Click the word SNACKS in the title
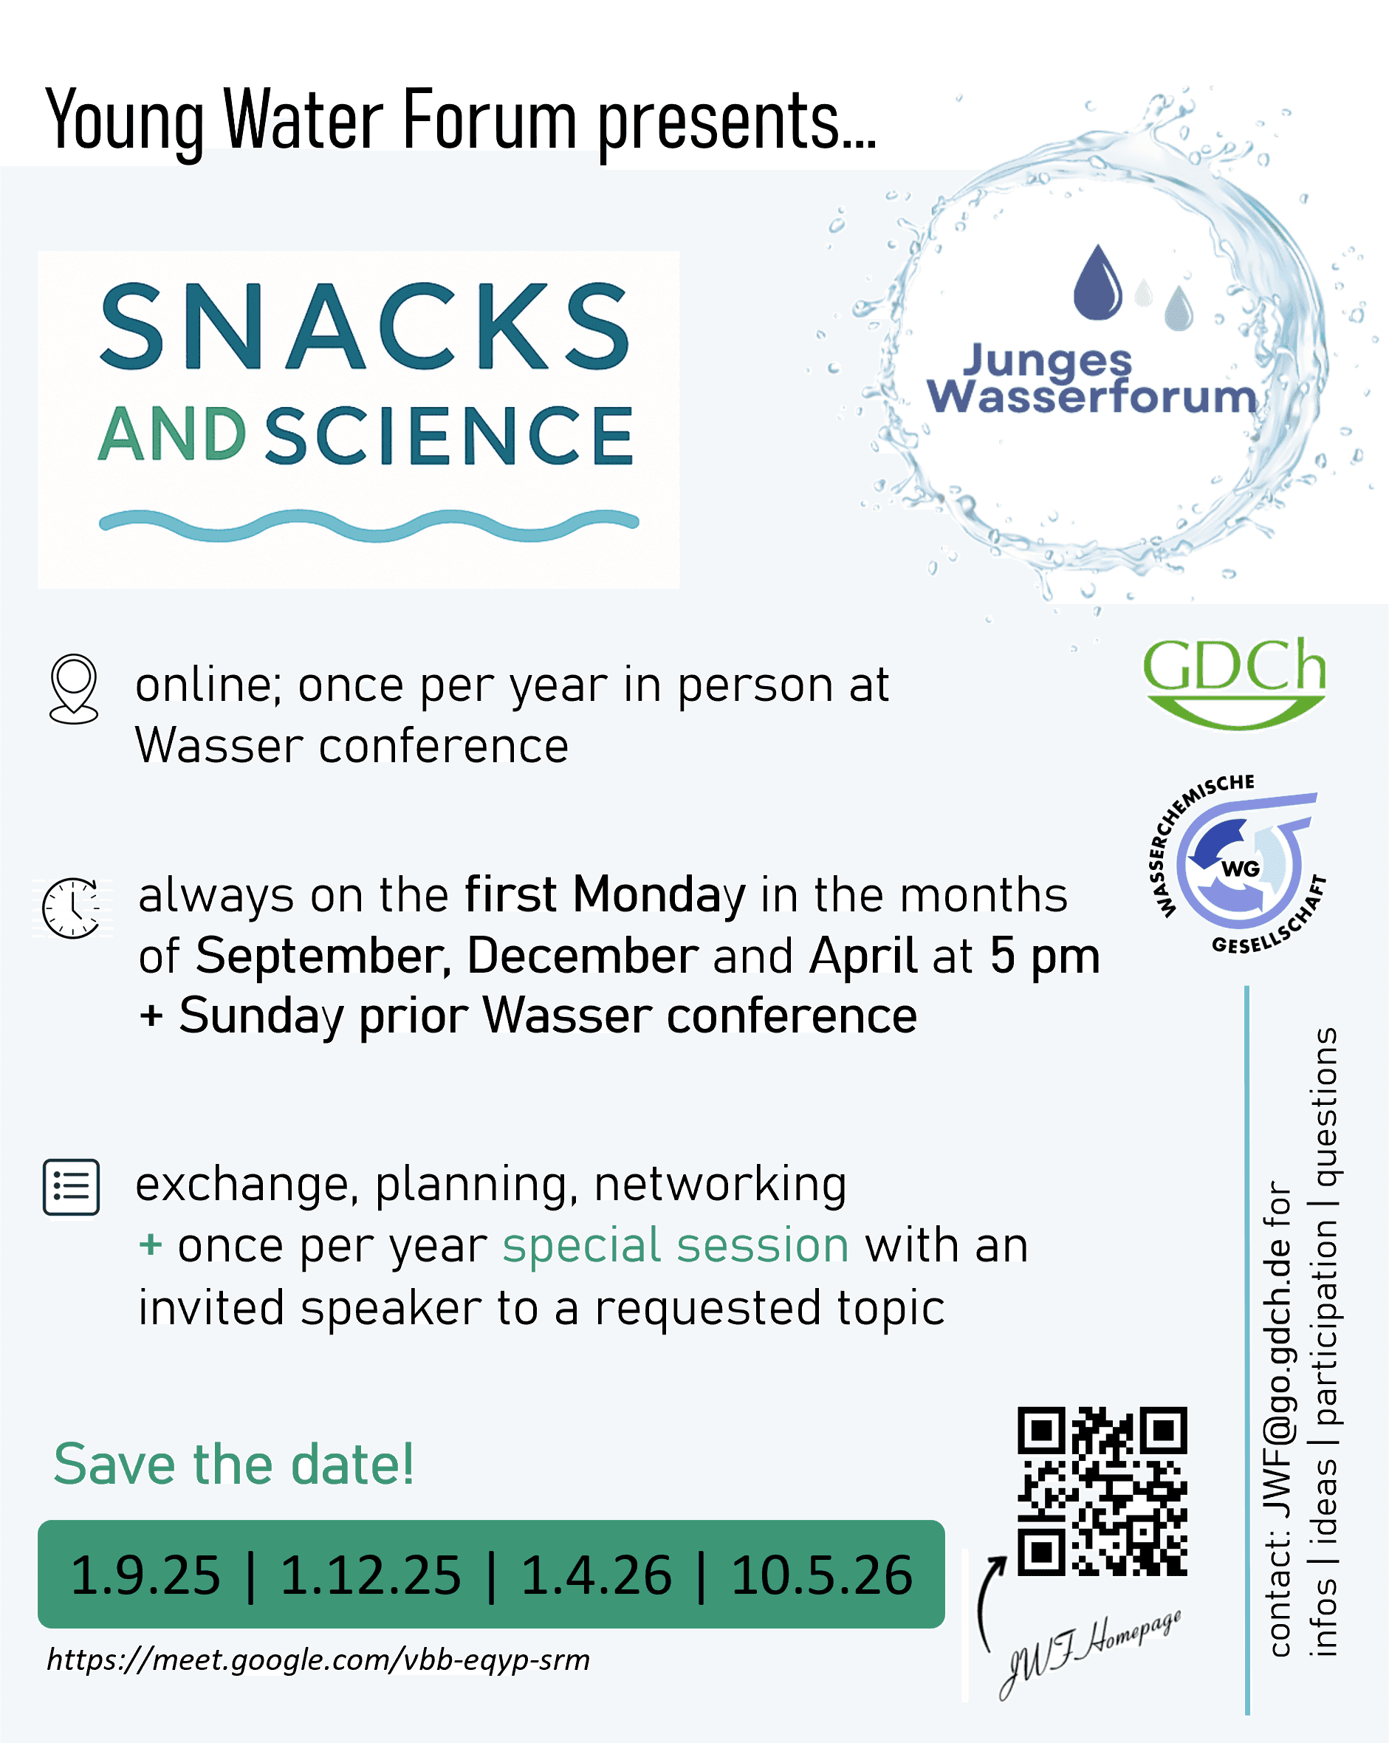(365, 326)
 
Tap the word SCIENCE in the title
(450, 436)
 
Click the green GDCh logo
(1234, 682)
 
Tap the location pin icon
(74, 689)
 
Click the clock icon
(71, 908)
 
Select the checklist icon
(71, 1187)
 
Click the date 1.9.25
(145, 1575)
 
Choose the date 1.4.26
(596, 1575)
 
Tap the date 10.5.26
(821, 1575)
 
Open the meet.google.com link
(318, 1660)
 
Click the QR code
(1102, 1492)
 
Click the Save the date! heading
(233, 1464)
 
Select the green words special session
(676, 1245)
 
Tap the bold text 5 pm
(1045, 957)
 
